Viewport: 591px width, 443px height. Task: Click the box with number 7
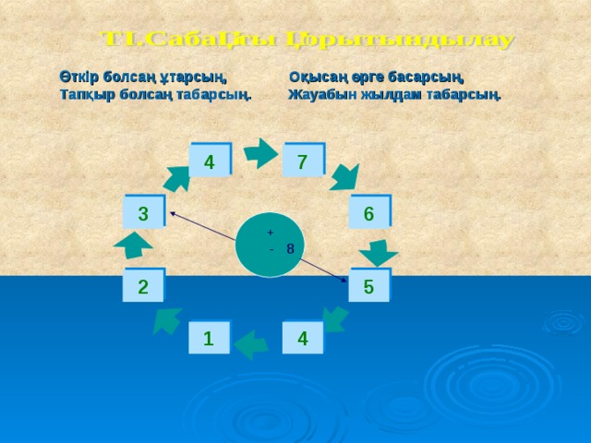(304, 162)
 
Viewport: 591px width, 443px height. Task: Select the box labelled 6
(369, 213)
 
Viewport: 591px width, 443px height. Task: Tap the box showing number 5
(369, 287)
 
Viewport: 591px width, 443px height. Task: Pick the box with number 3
(144, 213)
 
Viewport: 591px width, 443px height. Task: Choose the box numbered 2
(143, 287)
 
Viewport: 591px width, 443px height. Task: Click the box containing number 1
(210, 339)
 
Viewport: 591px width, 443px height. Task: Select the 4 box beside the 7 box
(210, 162)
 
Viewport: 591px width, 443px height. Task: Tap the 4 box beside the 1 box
(304, 339)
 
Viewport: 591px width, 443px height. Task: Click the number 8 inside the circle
(290, 248)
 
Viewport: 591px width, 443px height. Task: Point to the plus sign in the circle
(270, 232)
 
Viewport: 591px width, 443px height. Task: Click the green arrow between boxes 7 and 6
(345, 176)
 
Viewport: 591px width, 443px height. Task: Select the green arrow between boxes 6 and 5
(379, 251)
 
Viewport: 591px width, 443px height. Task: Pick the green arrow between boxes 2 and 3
(134, 246)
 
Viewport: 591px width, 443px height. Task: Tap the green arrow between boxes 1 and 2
(167, 319)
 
